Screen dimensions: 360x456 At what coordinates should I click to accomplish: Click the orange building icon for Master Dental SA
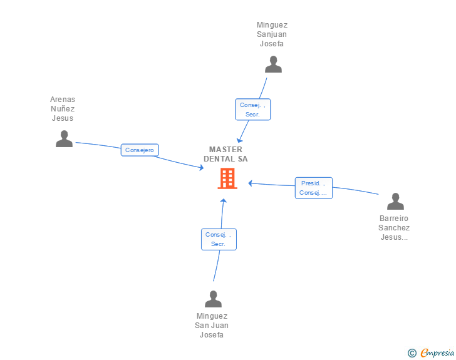227,178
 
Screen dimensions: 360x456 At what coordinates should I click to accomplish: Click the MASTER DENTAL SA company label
225,154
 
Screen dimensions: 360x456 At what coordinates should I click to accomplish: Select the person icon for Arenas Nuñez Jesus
64,139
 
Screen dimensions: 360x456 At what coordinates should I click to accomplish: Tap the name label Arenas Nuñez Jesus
63,109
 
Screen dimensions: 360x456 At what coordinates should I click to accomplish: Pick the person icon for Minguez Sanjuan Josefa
273,64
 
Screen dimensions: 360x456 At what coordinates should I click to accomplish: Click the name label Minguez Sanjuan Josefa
272,34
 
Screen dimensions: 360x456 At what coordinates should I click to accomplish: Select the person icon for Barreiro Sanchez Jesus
395,202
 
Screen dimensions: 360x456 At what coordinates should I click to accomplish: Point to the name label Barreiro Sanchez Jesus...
395,228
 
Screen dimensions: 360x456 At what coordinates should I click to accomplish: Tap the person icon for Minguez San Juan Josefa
214,299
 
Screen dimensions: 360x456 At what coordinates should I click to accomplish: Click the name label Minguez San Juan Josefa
212,326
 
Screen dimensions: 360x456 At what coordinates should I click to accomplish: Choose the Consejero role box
140,150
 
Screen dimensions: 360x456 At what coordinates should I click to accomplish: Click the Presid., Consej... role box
314,188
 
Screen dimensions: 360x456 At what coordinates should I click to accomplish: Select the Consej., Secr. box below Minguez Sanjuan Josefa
253,110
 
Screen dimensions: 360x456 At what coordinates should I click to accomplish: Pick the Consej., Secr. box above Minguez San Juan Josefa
219,239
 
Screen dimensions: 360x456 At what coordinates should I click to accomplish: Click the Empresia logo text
437,352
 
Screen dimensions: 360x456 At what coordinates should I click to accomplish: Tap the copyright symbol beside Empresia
412,353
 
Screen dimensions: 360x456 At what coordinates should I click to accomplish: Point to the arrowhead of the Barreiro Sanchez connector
251,183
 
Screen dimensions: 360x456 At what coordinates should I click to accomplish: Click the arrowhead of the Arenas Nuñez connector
201,168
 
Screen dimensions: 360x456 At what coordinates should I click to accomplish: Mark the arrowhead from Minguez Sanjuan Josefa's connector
239,140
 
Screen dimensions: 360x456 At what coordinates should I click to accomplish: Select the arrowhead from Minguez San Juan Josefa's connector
223,201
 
